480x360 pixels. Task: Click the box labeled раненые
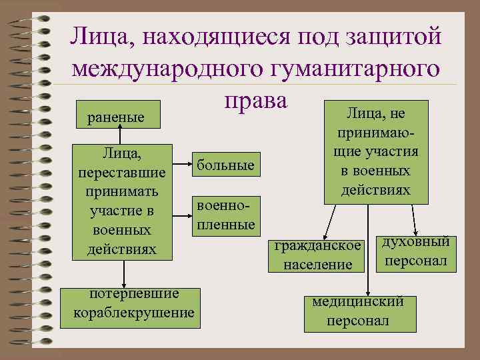(x=117, y=117)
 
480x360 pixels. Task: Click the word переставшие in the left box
(x=121, y=173)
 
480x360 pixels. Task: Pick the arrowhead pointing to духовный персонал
(x=415, y=227)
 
